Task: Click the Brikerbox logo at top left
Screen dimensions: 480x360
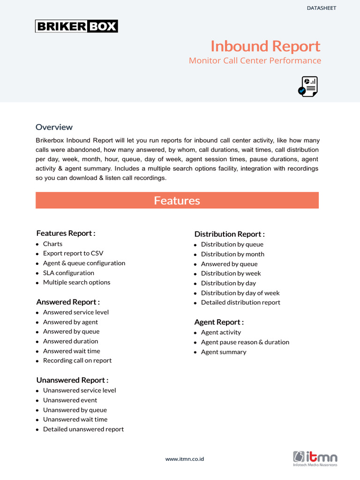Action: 76,26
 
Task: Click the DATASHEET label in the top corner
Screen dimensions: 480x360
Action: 321,8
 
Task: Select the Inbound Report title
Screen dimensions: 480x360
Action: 265,46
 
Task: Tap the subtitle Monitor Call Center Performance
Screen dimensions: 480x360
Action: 255,60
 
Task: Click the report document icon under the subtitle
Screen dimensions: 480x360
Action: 308,87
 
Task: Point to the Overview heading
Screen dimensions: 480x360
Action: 54,127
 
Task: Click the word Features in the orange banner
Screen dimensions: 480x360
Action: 177,201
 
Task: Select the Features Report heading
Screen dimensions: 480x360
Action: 66,233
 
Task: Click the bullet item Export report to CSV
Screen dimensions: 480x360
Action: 73,253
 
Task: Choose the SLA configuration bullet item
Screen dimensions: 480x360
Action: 68,273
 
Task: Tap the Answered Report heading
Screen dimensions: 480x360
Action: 68,302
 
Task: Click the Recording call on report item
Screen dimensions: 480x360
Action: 77,360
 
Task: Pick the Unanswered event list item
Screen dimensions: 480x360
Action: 70,400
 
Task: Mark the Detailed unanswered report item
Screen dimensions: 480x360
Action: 83,429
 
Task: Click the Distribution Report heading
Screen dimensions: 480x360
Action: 229,234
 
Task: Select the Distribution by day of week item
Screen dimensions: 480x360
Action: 240,293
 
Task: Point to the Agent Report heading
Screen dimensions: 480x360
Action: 219,322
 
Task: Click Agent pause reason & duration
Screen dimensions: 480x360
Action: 245,342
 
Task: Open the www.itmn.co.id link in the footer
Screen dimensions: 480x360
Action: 184,459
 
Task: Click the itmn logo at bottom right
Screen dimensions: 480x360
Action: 315,458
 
